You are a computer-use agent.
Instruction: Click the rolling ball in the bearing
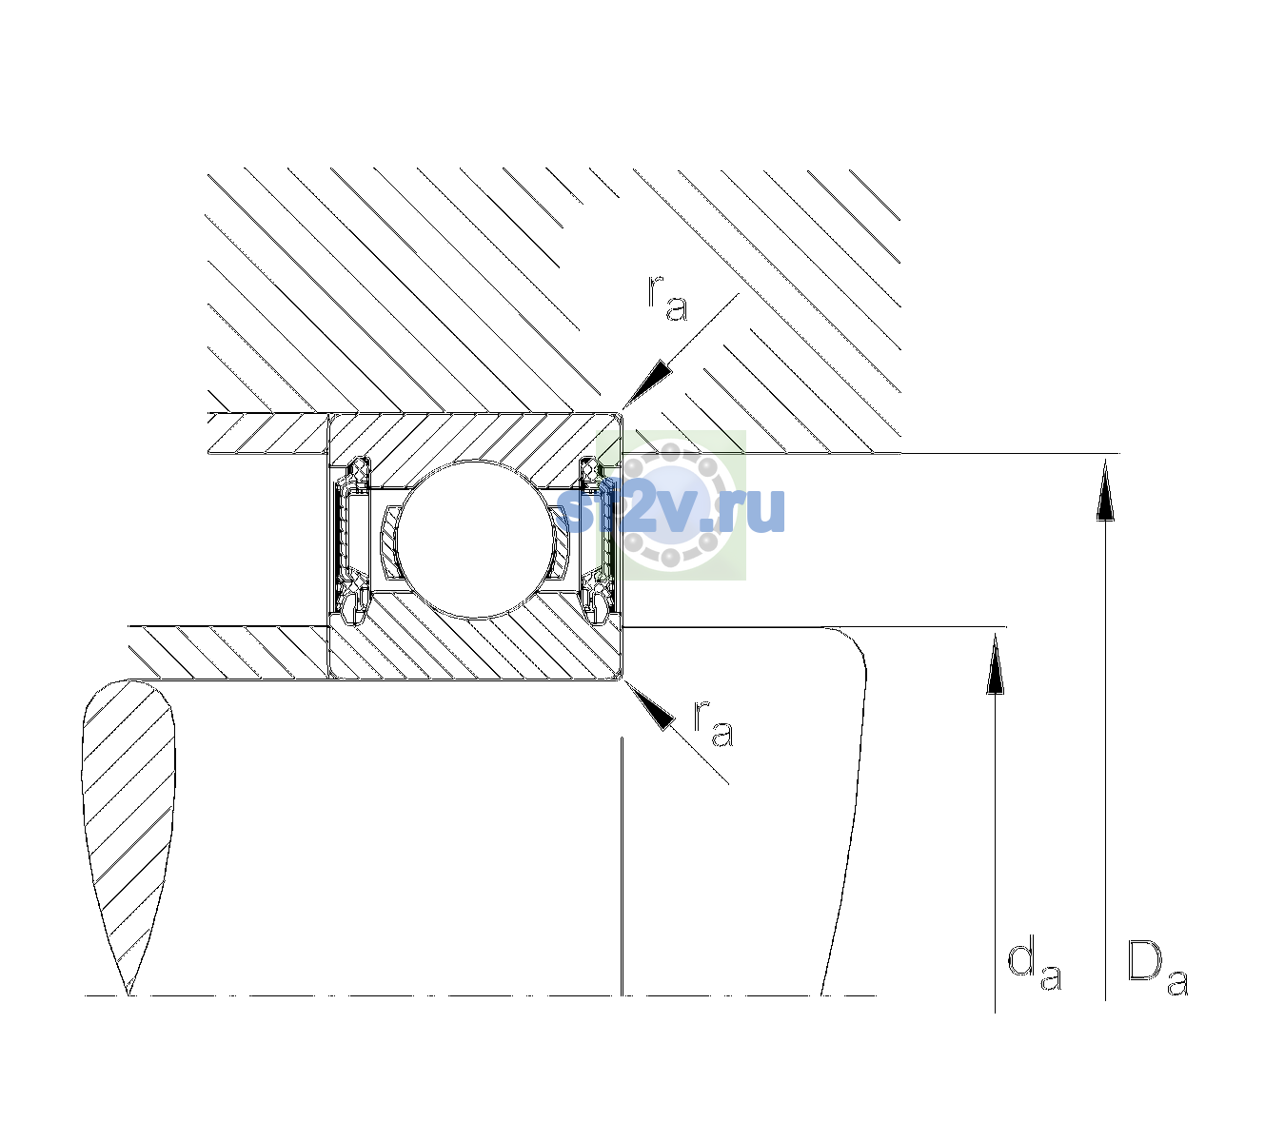coord(476,539)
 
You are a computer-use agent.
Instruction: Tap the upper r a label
coord(667,299)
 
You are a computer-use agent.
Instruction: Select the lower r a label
coord(714,723)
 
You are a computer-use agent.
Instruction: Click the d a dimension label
coord(1034,965)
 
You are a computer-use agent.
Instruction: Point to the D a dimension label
coord(1157,968)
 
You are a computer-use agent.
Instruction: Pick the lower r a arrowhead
coord(649,706)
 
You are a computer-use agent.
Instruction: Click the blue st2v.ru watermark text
coord(670,510)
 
